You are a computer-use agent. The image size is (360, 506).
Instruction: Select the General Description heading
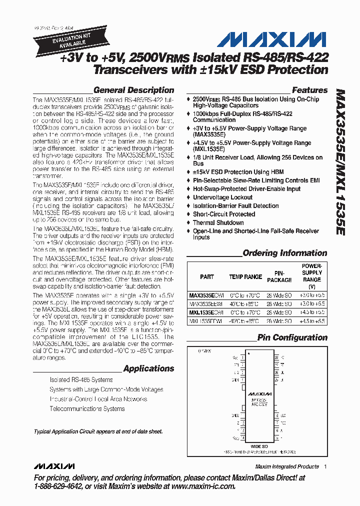point(133,90)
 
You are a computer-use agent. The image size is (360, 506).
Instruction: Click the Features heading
point(309,90)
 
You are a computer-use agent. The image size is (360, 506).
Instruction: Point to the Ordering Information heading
point(284,253)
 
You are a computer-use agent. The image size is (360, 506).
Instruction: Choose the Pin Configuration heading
point(292,337)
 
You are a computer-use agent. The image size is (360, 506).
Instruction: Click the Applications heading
point(148,368)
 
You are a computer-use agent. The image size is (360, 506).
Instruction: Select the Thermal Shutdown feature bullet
point(218,222)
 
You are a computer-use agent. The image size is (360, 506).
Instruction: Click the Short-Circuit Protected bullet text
point(223,214)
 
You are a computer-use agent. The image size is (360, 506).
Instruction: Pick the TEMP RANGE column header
point(245,276)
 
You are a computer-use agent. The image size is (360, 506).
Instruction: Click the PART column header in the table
point(206,276)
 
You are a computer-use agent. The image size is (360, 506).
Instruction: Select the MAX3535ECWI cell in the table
point(207,295)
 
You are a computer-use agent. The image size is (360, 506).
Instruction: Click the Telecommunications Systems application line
point(87,408)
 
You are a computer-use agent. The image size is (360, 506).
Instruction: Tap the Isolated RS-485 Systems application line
point(81,380)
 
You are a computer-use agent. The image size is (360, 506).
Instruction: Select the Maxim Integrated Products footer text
point(286,466)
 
